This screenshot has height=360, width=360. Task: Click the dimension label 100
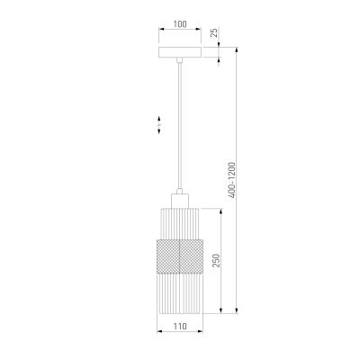pyautogui.click(x=180, y=24)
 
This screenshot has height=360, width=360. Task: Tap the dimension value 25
pyautogui.click(x=214, y=32)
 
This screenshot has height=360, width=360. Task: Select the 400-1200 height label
pyautogui.click(x=232, y=180)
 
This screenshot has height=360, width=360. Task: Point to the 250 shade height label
pyautogui.click(x=217, y=260)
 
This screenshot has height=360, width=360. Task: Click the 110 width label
pyautogui.click(x=180, y=326)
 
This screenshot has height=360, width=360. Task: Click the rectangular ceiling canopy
pyautogui.click(x=180, y=52)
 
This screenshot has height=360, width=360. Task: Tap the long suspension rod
pyautogui.click(x=180, y=125)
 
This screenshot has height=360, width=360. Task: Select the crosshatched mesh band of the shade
pyautogui.click(x=180, y=256)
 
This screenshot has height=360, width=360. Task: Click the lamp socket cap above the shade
pyautogui.click(x=180, y=201)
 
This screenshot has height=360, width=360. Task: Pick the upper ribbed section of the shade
pyautogui.click(x=180, y=223)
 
